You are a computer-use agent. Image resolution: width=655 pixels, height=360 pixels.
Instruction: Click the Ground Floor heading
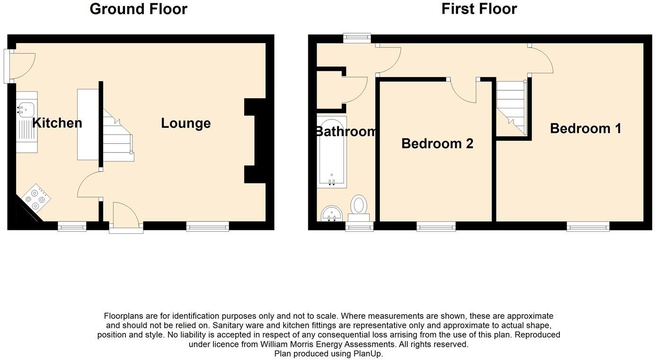click(138, 9)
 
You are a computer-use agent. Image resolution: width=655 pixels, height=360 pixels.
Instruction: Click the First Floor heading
click(479, 9)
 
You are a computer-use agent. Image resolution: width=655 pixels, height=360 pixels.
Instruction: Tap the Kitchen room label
click(57, 123)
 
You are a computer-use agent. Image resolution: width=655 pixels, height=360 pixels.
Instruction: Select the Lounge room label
click(186, 123)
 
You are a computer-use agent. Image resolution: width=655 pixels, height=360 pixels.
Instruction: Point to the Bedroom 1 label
click(585, 128)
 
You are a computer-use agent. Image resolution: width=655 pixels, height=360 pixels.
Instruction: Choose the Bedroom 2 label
click(437, 143)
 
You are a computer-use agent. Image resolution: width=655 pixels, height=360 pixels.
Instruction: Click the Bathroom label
click(346, 132)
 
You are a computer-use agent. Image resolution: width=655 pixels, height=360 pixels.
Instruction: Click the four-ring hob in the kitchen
click(36, 199)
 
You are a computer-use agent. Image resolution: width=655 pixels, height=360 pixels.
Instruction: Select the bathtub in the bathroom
click(332, 152)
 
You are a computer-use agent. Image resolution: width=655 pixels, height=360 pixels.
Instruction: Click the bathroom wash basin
click(332, 214)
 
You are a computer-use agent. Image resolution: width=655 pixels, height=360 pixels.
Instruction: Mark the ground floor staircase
click(117, 135)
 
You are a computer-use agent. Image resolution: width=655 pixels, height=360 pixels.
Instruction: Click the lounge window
click(207, 227)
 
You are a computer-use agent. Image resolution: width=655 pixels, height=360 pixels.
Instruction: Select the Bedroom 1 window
click(588, 227)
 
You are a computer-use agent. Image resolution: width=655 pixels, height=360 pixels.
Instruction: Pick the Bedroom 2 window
click(436, 227)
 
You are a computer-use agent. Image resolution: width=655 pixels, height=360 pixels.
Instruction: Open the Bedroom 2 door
click(464, 90)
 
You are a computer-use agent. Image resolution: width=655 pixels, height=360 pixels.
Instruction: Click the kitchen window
click(72, 227)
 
